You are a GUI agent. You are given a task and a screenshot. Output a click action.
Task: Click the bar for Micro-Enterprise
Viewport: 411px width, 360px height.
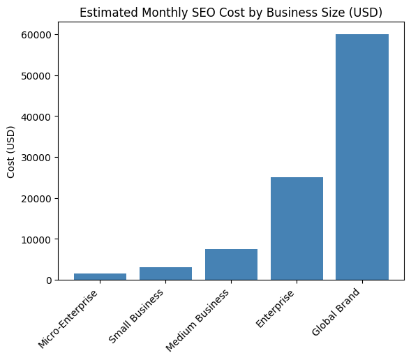coord(100,276)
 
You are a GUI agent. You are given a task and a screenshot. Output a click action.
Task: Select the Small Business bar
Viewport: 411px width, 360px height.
coord(165,273)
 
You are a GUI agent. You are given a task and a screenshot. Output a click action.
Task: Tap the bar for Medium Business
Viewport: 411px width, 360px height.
coord(231,264)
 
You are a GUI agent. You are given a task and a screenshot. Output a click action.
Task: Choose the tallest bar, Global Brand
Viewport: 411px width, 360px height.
coord(362,157)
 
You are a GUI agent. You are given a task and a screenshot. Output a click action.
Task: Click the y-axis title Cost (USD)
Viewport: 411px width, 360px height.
coord(12,157)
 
